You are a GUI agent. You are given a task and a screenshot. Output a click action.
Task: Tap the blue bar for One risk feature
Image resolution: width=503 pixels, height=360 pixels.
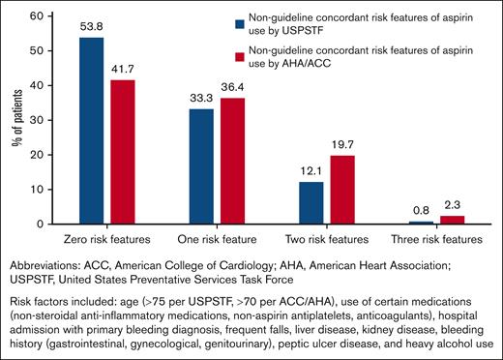click(x=201, y=166)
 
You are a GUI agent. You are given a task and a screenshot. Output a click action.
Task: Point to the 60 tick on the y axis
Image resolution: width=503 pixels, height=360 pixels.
click(x=43, y=16)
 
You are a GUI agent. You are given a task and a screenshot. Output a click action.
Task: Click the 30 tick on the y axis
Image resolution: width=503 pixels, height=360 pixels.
click(x=43, y=120)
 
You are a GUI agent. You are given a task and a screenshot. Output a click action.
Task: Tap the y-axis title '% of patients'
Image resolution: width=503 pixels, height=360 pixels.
click(x=18, y=120)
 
